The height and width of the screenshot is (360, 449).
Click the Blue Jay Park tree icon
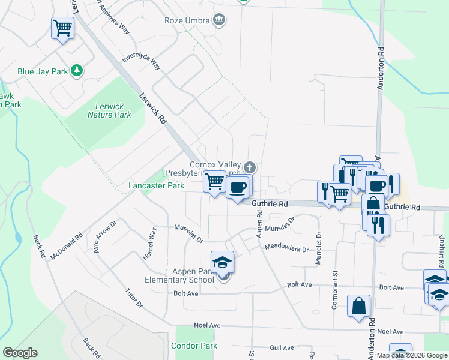click(x=76, y=71)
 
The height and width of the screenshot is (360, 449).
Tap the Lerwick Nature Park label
click(x=109, y=110)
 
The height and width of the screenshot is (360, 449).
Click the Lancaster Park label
click(x=156, y=186)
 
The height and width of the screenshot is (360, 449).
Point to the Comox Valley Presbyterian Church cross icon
click(x=250, y=167)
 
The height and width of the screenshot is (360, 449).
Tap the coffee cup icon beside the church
click(x=238, y=187)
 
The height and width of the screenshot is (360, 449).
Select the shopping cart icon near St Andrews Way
click(x=62, y=28)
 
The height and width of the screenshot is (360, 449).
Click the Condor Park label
click(x=194, y=346)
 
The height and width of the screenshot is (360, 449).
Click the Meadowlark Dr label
click(x=286, y=247)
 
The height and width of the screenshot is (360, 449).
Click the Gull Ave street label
click(x=282, y=348)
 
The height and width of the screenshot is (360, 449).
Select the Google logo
click(x=20, y=353)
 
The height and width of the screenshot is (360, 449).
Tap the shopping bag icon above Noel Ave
click(x=358, y=306)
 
